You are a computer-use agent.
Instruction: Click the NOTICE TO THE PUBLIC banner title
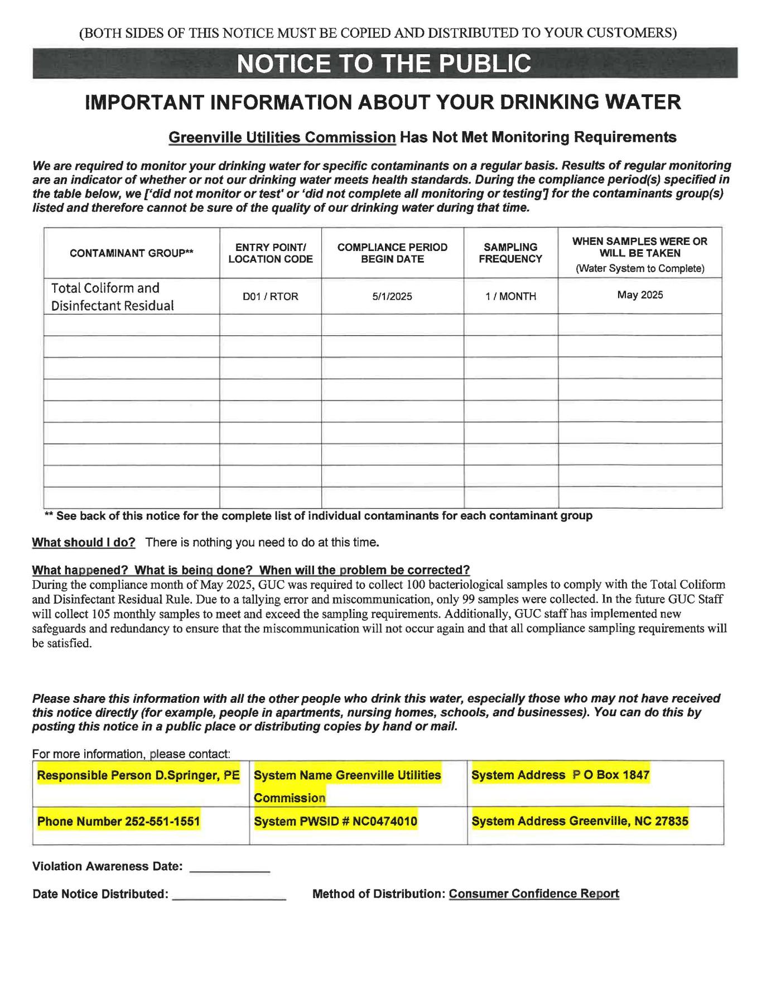click(384, 64)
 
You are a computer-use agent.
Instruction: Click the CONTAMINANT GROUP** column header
click(132, 253)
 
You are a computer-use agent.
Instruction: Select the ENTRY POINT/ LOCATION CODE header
click(271, 253)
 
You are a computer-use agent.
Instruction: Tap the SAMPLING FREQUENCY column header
click(510, 253)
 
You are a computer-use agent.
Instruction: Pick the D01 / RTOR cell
click(271, 297)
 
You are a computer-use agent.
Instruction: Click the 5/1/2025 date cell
click(392, 297)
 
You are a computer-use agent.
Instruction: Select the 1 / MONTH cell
click(510, 297)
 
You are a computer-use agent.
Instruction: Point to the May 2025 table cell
click(640, 295)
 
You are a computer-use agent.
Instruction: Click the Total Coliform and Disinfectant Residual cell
click(113, 297)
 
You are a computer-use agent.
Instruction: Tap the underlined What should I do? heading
click(84, 542)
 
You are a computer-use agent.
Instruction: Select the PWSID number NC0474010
click(385, 822)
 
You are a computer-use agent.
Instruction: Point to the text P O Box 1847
click(611, 775)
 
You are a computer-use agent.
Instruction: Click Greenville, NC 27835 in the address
click(628, 822)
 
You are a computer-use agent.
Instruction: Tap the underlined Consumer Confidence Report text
click(534, 894)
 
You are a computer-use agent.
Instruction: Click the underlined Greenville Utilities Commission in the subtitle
click(282, 137)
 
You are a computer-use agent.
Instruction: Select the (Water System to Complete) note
click(640, 269)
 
